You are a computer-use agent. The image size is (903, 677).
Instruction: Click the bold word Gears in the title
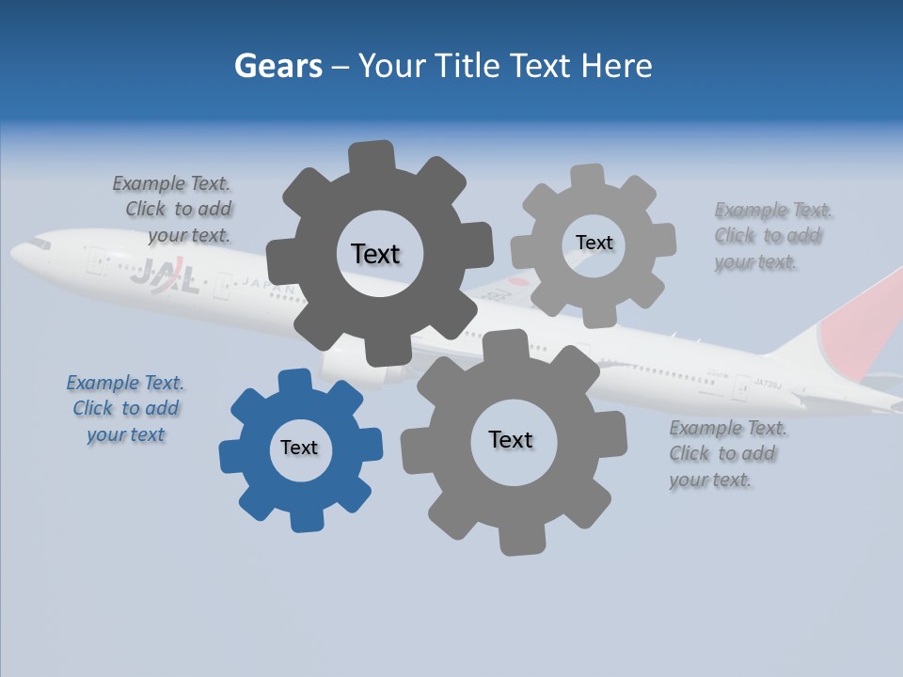pos(278,66)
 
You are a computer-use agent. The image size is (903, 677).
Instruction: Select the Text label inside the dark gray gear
pos(375,254)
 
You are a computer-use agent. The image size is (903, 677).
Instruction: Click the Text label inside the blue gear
pos(299,448)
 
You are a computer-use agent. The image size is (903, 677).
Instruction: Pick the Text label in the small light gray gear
pos(594,243)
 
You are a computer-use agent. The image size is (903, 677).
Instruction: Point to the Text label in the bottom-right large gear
pos(511,439)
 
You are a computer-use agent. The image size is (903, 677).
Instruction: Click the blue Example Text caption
pos(125,408)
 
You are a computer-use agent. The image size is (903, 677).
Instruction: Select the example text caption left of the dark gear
pos(175,209)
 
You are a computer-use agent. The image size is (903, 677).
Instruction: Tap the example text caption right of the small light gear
pos(771,235)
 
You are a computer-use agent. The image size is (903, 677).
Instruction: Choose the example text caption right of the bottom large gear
pos(726,453)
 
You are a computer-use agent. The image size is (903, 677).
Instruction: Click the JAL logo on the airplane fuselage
pos(164,276)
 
